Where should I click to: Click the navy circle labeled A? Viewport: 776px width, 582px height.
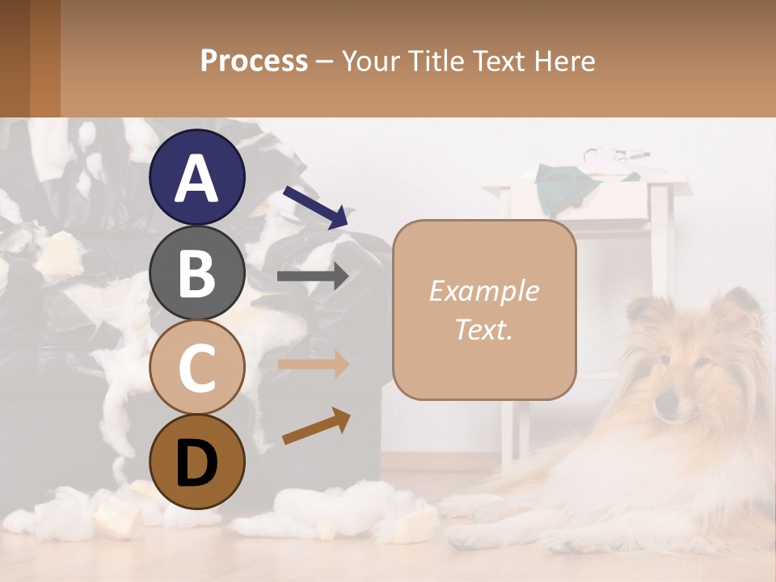tap(196, 178)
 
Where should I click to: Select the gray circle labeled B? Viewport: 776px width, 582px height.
tap(196, 272)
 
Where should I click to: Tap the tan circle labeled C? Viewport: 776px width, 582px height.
tap(196, 367)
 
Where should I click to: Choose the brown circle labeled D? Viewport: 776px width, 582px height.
tap(196, 462)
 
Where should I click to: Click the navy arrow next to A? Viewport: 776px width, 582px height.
tap(315, 207)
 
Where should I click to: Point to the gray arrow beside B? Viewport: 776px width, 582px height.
tap(313, 276)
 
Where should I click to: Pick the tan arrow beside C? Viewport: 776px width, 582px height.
tap(313, 364)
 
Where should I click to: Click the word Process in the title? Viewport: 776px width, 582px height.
tap(254, 61)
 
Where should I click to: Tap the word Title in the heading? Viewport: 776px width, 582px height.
tap(441, 61)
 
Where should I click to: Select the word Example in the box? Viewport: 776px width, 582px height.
tap(483, 291)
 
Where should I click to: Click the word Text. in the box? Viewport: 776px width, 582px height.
tap(483, 329)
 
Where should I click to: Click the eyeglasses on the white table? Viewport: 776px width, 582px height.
tap(616, 154)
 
